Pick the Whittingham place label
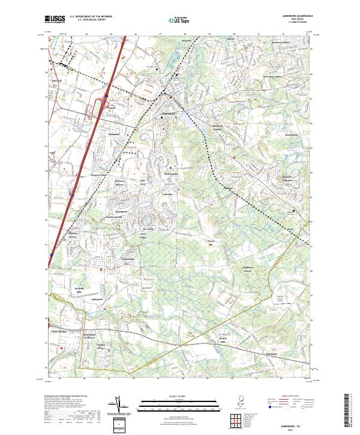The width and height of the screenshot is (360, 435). click(171, 173)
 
